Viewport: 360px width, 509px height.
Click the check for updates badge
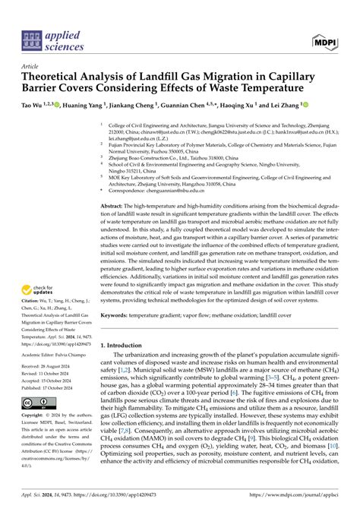point(41,291)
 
